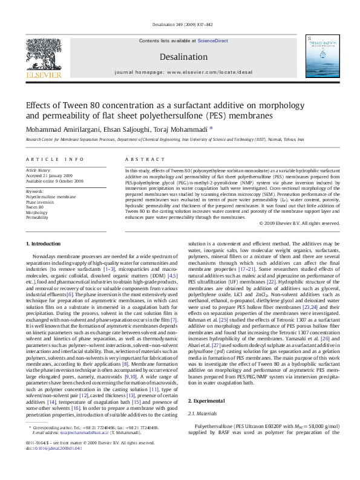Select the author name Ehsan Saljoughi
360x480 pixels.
click(121, 129)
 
